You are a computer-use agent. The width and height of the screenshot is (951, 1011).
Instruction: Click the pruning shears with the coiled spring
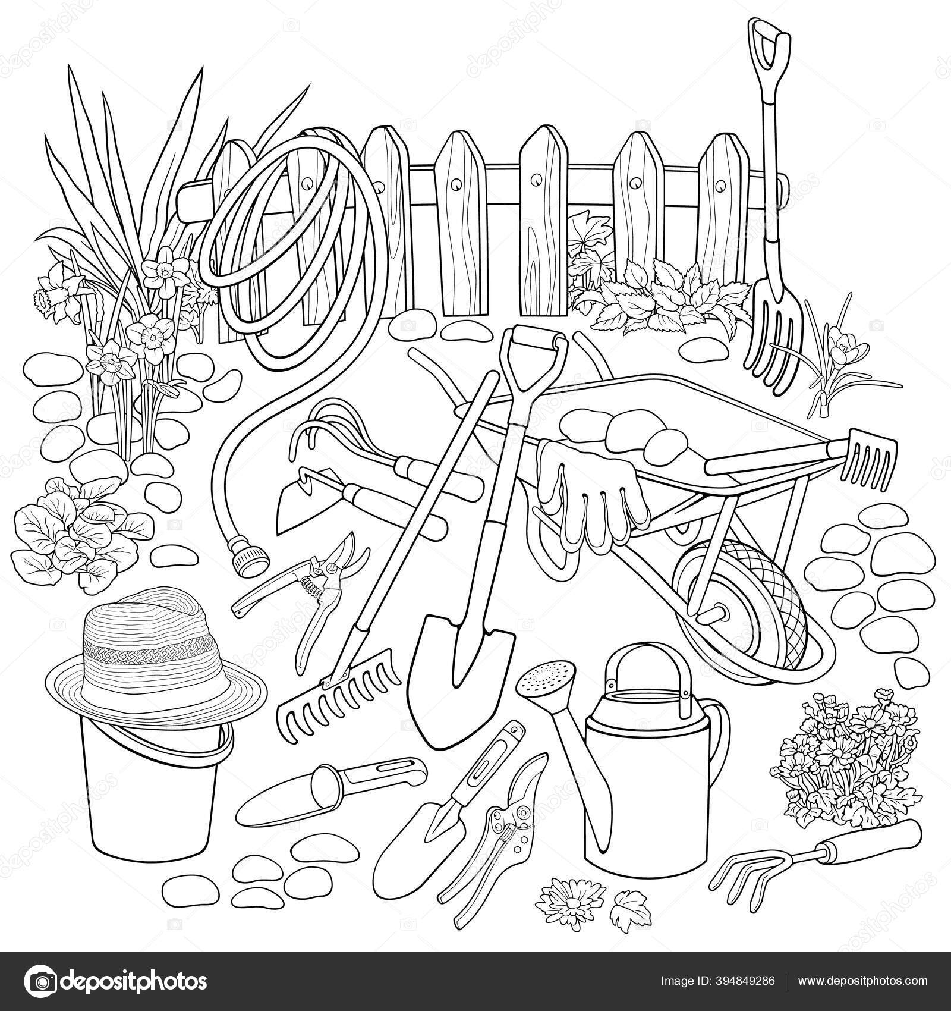tap(309, 586)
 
